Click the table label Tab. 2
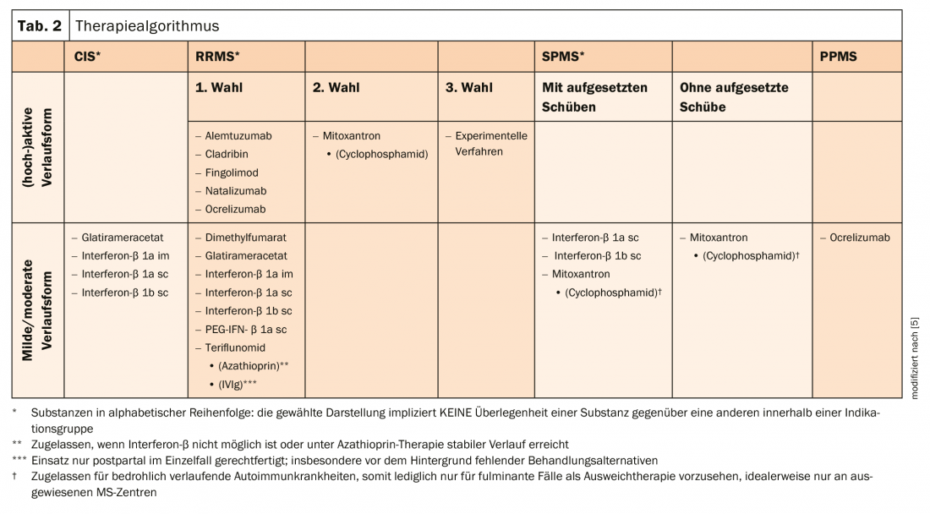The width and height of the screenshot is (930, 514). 40,25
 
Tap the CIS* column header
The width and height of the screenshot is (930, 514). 87,57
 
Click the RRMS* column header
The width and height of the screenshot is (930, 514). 217,57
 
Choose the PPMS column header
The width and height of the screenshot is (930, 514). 838,57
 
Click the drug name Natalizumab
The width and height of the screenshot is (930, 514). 236,191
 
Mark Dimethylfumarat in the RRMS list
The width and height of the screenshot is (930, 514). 244,238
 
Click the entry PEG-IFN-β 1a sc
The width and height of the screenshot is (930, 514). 245,330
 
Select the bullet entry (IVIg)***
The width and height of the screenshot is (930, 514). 237,384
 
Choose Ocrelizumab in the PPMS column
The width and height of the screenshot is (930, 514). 859,238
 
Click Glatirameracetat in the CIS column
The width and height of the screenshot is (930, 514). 123,238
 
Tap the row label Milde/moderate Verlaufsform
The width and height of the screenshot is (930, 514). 36,310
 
